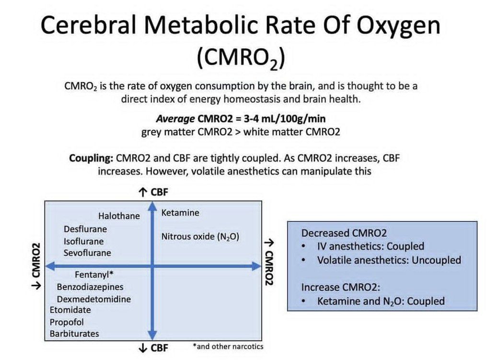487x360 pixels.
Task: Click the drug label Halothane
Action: [x=119, y=216]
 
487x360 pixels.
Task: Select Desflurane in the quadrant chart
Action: [x=85, y=229]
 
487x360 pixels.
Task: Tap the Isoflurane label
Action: [x=83, y=241]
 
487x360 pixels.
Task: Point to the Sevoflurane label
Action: [x=87, y=253]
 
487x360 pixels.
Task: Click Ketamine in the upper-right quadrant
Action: [x=180, y=213]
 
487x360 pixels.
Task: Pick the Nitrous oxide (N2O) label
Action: [x=200, y=237]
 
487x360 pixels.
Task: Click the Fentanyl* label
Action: [x=94, y=275]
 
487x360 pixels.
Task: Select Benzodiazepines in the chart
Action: [x=90, y=287]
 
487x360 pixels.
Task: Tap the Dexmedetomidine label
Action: [x=94, y=299]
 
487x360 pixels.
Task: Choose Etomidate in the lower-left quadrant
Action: [x=70, y=310]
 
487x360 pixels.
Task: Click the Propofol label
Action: [x=67, y=323]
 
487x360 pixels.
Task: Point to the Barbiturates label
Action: [x=74, y=334]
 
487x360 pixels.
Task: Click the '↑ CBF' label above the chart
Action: [x=153, y=192]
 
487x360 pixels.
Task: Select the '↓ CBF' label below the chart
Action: [x=153, y=348]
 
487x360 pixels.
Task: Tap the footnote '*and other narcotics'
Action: [x=228, y=346]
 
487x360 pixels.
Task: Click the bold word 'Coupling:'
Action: [x=91, y=158]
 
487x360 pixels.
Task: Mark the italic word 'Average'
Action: [x=175, y=119]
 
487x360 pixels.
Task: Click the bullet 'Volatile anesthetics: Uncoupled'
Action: [x=389, y=260]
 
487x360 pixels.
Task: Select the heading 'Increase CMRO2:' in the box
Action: [x=341, y=287]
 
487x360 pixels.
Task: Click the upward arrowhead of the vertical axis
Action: [x=152, y=206]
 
